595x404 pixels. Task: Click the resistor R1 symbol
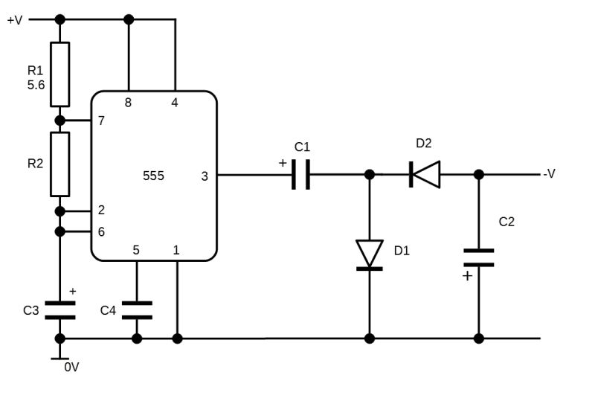pos(60,74)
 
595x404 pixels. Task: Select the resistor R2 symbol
pos(60,164)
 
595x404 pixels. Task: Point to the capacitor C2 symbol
pos(478,257)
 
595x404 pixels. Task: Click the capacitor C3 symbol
pos(60,310)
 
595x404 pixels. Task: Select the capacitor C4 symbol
pos(137,310)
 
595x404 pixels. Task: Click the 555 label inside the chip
pos(153,176)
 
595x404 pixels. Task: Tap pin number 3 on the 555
pos(205,176)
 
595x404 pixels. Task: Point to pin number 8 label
pos(129,103)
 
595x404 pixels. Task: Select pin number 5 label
pos(136,250)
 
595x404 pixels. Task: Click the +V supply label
pos(15,20)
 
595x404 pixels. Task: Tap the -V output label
pos(549,174)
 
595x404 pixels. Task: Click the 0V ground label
pos(71,367)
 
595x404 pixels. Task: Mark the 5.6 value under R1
pos(36,86)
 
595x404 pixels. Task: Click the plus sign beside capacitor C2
pos(467,276)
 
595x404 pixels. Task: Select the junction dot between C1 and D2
pos(370,176)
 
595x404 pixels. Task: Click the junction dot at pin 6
pos(60,232)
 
